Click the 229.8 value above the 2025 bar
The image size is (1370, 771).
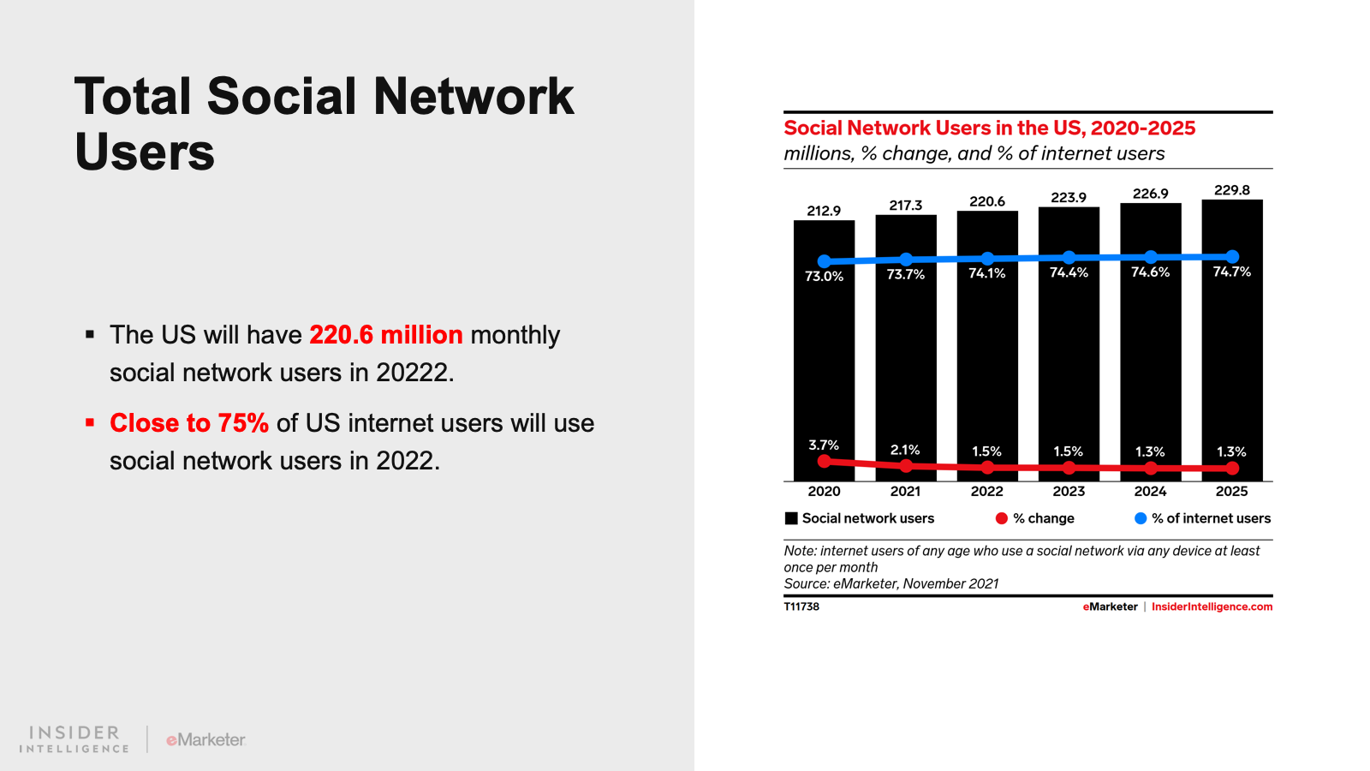click(x=1231, y=190)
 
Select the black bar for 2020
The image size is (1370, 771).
click(x=824, y=360)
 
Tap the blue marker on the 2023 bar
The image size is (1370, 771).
click(x=1069, y=257)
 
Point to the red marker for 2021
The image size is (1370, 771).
click(x=906, y=465)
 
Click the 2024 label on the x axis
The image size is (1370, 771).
click(x=1150, y=491)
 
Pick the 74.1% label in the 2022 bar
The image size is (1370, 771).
click(x=986, y=273)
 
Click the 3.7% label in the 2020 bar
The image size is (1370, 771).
click(x=824, y=445)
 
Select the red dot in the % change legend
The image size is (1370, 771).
click(x=1001, y=518)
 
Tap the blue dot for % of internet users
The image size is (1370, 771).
click(x=1140, y=518)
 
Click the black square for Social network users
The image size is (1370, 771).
click(x=791, y=518)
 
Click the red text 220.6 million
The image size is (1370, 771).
click(x=385, y=335)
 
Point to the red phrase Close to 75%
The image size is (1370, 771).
click(x=189, y=423)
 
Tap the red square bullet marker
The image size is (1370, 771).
click(x=90, y=422)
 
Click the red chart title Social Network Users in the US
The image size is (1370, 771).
click(x=989, y=128)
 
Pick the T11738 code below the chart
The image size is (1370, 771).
click(x=801, y=607)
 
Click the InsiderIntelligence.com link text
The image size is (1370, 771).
click(x=1212, y=607)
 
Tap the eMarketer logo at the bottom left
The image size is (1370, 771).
click(x=205, y=739)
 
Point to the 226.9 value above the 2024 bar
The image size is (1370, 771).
click(x=1150, y=194)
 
